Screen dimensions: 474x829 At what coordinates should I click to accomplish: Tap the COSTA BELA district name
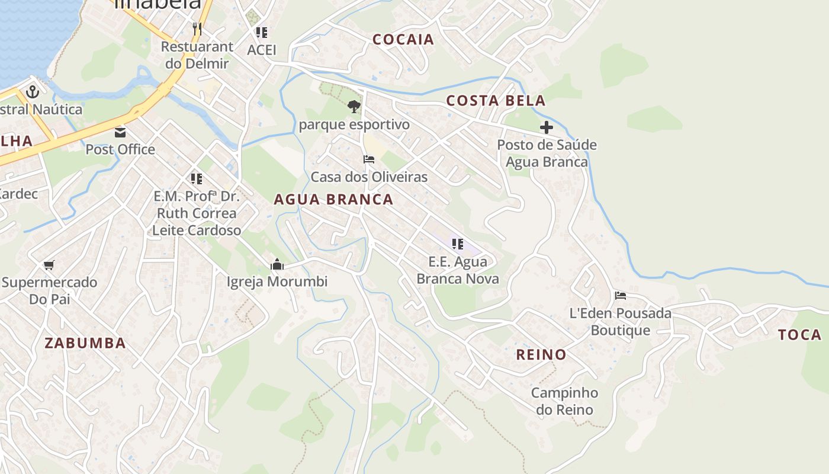496,101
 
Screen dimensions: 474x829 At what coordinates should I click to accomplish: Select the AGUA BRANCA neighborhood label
333,200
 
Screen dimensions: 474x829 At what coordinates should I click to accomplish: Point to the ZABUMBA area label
85,343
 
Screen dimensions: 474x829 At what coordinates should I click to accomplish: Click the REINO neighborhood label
541,355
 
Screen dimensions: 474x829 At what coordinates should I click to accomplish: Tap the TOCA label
799,335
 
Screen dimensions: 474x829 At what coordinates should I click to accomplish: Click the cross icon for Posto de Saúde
546,127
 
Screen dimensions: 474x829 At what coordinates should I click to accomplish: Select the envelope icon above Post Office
120,132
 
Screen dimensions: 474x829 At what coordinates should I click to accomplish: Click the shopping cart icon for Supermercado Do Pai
49,265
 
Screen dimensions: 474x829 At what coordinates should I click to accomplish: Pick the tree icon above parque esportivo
354,107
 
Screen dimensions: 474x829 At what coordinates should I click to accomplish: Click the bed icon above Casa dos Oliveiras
369,159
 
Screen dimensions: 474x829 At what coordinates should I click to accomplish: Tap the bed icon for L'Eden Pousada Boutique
620,295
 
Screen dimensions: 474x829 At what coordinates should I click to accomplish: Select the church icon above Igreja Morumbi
277,264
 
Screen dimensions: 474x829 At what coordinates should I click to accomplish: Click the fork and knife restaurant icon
197,28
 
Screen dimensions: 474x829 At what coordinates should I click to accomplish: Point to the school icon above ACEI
261,33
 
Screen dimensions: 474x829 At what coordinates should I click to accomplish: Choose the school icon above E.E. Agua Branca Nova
457,244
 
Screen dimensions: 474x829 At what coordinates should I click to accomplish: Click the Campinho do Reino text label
564,401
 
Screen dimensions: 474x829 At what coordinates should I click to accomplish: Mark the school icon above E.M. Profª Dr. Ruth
196,178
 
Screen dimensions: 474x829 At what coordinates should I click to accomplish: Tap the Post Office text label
120,149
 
